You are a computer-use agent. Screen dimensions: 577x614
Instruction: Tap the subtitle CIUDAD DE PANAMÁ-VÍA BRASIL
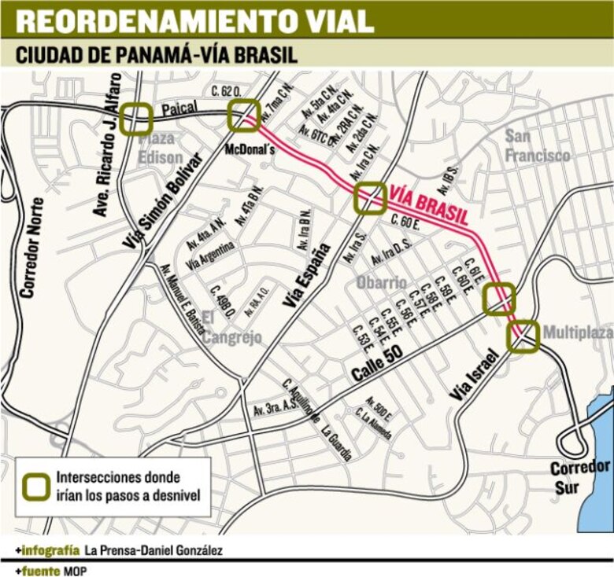157,56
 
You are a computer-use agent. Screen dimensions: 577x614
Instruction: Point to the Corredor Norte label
30,248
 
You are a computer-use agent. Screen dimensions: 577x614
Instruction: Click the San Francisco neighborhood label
537,146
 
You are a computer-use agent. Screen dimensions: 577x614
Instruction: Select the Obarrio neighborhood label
382,282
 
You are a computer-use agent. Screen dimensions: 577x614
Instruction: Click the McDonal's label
246,146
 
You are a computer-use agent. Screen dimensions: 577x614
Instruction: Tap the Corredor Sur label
580,476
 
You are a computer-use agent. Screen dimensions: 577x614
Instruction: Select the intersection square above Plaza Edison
137,119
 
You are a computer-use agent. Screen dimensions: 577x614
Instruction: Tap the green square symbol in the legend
36,485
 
